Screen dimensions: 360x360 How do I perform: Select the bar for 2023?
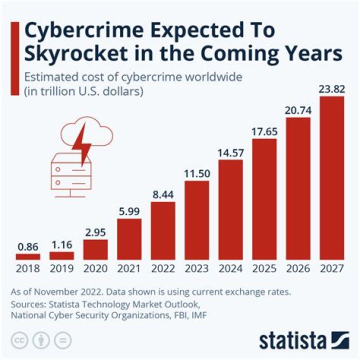click(x=196, y=220)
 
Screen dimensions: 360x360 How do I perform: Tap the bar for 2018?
click(x=27, y=256)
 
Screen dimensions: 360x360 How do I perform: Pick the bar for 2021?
click(x=129, y=239)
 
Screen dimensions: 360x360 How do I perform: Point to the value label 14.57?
click(x=230, y=152)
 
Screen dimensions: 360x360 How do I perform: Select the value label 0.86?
click(x=27, y=246)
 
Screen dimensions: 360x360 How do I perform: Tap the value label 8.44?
click(x=163, y=194)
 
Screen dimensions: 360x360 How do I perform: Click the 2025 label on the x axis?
click(x=264, y=269)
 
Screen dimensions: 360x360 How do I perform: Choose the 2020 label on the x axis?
click(x=95, y=269)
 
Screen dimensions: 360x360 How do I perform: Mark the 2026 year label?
click(x=298, y=269)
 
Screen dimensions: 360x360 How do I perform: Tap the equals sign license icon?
click(x=62, y=340)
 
